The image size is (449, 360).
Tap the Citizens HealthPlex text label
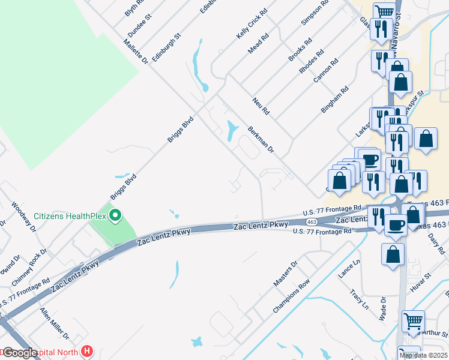(70, 216)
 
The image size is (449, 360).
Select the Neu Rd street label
(262, 106)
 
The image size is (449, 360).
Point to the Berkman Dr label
(261, 140)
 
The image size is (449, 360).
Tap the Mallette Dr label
(135, 49)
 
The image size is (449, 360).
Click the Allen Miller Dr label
(55, 323)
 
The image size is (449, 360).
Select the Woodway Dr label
(24, 216)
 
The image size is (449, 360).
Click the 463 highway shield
(311, 222)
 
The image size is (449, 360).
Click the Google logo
(20, 353)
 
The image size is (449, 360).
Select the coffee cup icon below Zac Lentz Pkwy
(396, 225)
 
